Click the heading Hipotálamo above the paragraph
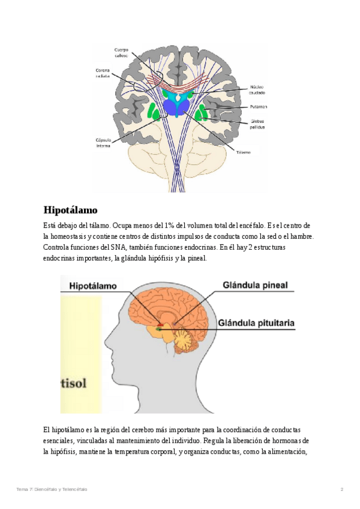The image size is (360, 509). click(70, 211)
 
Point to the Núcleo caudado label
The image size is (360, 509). click(257, 90)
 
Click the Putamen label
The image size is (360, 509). click(259, 106)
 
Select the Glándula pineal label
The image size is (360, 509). click(255, 285)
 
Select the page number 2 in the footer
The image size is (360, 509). click(342, 489)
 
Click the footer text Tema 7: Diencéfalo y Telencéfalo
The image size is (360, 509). click(52, 489)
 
